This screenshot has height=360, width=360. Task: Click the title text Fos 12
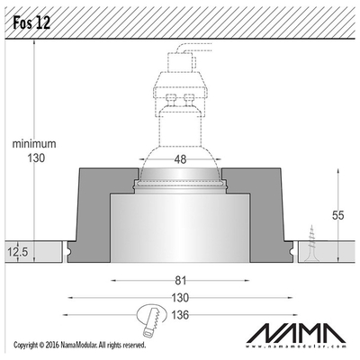click(x=31, y=22)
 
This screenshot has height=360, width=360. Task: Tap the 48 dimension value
click(x=180, y=159)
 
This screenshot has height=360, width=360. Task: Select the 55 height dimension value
click(x=338, y=215)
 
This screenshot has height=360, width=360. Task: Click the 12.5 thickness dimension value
click(x=18, y=252)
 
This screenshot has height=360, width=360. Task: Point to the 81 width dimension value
click(x=181, y=281)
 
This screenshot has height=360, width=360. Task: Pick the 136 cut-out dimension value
click(x=180, y=315)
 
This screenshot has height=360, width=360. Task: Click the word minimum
click(x=34, y=144)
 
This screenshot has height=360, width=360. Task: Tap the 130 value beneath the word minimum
click(x=36, y=157)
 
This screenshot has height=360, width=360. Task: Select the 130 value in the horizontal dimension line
click(x=180, y=298)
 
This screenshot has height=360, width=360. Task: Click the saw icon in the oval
click(x=151, y=321)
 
